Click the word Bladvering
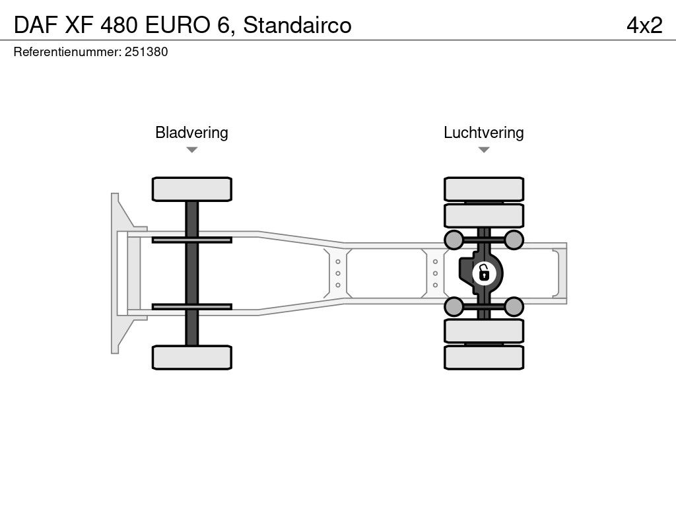[191, 132]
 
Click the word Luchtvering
[483, 132]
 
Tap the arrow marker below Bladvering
[191, 150]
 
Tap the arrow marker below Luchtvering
[484, 150]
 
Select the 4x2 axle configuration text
[644, 25]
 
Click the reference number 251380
[145, 52]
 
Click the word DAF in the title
[32, 25]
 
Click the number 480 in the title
[120, 25]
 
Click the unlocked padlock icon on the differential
[484, 272]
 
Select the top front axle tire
[191, 189]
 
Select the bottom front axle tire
[191, 357]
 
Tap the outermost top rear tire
[484, 189]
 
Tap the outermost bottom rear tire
[484, 357]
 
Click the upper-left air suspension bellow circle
[454, 239]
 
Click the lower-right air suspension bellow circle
[514, 306]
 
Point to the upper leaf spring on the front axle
[191, 239]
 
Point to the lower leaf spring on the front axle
[191, 306]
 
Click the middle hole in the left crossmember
[338, 273]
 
